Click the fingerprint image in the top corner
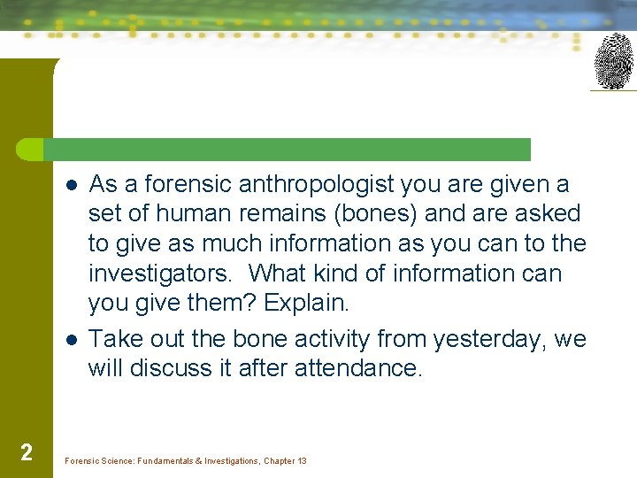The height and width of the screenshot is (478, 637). click(x=613, y=61)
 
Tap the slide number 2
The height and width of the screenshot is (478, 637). click(x=27, y=453)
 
